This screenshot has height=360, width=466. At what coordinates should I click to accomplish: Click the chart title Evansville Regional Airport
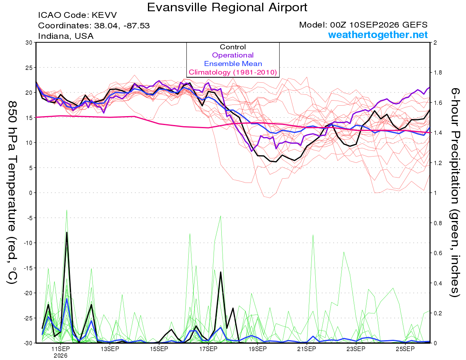click(227, 7)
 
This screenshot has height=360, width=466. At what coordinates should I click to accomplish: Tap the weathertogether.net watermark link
click(378, 35)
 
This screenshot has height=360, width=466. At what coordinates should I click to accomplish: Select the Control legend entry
click(233, 47)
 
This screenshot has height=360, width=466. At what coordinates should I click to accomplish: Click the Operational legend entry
click(233, 55)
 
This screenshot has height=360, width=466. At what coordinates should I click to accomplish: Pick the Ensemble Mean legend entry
click(233, 64)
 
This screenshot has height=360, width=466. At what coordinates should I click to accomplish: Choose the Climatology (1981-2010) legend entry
click(233, 72)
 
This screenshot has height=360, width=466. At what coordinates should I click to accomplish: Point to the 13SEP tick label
click(110, 349)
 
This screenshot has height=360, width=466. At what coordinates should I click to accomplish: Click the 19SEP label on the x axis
click(257, 349)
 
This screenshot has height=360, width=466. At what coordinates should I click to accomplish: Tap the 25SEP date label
click(405, 349)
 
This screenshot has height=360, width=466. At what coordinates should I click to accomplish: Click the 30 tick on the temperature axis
click(29, 43)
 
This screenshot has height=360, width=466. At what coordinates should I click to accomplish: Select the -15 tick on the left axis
click(28, 268)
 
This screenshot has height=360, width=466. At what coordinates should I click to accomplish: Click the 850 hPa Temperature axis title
click(12, 193)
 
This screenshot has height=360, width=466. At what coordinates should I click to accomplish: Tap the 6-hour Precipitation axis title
click(455, 192)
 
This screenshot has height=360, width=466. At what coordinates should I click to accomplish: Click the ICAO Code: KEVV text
click(77, 15)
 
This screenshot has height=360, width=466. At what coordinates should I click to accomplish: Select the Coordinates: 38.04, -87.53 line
click(94, 26)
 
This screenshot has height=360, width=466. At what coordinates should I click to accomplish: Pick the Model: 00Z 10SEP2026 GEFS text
click(363, 25)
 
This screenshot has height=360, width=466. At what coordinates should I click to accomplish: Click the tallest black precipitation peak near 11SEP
click(67, 232)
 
